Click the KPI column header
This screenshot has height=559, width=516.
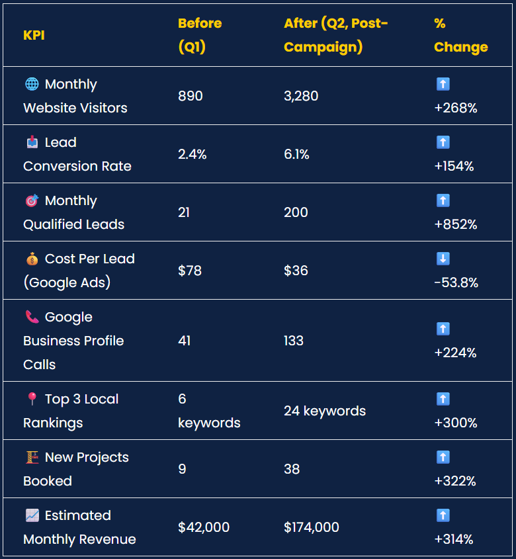[34, 35]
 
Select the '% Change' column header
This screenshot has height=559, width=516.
[460, 35]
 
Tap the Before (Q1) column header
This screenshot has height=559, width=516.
[200, 35]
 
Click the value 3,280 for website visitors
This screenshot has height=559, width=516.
[301, 96]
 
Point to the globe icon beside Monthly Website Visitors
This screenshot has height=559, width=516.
[32, 84]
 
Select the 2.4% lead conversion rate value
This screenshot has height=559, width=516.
[193, 154]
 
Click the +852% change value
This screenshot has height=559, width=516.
[456, 224]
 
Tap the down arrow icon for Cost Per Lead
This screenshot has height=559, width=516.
[443, 259]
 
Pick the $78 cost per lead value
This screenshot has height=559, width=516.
[190, 271]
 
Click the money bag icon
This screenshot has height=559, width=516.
[32, 259]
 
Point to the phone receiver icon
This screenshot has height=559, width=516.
[32, 317]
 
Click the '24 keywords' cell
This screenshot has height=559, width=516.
[325, 411]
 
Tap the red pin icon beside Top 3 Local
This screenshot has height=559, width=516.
[32, 399]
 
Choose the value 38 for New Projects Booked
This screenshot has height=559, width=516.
[292, 469]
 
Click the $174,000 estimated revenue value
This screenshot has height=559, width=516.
[312, 527]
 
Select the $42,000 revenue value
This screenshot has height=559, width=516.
[204, 527]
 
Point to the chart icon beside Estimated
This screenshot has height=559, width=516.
[32, 515]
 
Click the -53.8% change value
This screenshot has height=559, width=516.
[456, 282]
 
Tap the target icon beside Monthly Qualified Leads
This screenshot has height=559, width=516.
[32, 200]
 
